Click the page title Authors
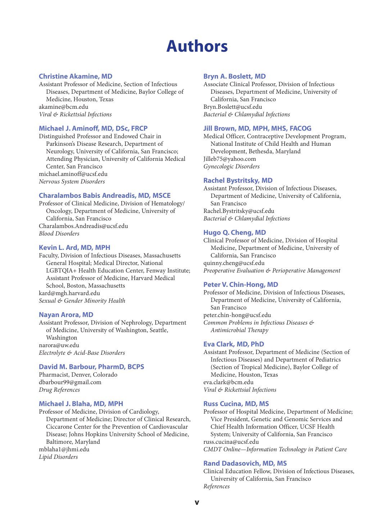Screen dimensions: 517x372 [197, 46]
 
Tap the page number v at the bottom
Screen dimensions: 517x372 [197, 502]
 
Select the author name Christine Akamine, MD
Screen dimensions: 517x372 [76, 76]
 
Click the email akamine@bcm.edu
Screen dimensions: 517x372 [63, 107]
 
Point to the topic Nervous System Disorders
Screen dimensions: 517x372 [72, 182]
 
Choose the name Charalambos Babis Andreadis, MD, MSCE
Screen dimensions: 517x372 [105, 196]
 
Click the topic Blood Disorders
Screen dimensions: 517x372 [59, 234]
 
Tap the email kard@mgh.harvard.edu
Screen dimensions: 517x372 [69, 293]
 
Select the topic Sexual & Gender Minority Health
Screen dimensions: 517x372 [82, 301]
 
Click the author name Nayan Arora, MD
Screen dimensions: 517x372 [66, 315]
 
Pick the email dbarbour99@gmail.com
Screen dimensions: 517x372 [70, 382]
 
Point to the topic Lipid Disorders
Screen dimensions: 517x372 [58, 457]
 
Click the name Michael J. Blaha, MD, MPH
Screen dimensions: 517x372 [81, 404]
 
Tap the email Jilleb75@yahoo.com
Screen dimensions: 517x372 [230, 159]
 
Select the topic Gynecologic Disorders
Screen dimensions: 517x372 [231, 167]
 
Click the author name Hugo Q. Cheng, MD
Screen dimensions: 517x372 [235, 233]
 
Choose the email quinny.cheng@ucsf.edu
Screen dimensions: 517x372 [234, 263]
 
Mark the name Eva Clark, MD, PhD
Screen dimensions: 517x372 [233, 344]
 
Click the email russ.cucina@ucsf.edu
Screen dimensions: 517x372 [231, 442]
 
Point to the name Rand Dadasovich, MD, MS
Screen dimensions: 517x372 [245, 464]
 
